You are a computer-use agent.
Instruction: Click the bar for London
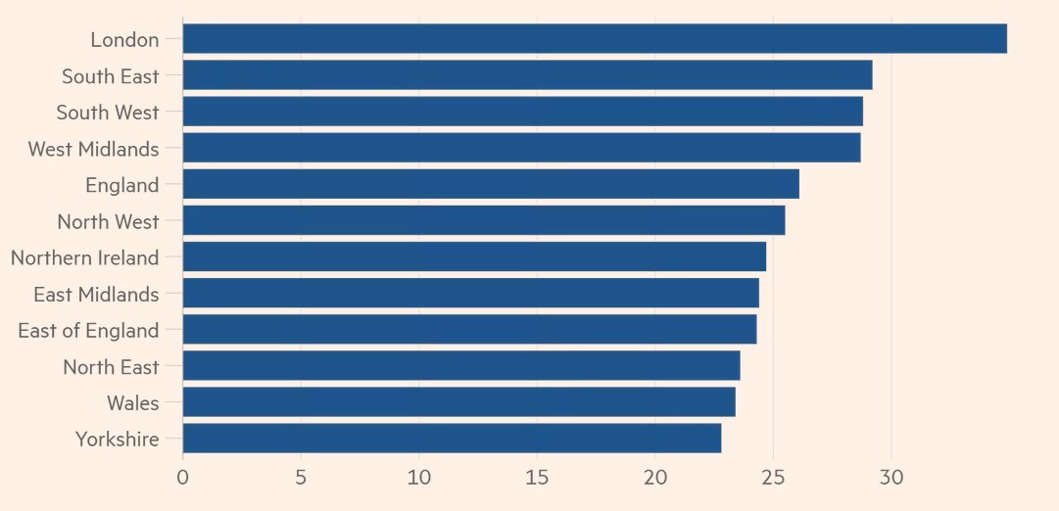pos(595,39)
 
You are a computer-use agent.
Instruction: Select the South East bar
pos(527,75)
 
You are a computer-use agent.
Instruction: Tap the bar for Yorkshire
pos(452,439)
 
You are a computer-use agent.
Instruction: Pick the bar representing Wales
pos(458,402)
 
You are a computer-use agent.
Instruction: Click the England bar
pos(491,185)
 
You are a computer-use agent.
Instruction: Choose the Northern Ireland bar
pos(474,257)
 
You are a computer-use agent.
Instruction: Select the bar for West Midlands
pos(521,149)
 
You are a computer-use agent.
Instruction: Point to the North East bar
pos(461,366)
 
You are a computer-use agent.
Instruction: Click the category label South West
pos(108,113)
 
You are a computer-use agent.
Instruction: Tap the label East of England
pos(88,331)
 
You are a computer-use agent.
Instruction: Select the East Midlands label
pos(96,295)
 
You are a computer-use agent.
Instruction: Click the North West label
pos(108,222)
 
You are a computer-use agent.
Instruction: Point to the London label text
pos(124,40)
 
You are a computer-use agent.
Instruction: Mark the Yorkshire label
pos(117,440)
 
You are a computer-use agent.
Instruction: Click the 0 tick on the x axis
pos(183,478)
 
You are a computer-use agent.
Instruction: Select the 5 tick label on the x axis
pos(301,478)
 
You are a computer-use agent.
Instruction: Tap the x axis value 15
pos(537,478)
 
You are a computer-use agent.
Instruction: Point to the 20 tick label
pos(655,478)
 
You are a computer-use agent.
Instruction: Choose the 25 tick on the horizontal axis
pos(773,478)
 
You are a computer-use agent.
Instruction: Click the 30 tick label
pos(891,478)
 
